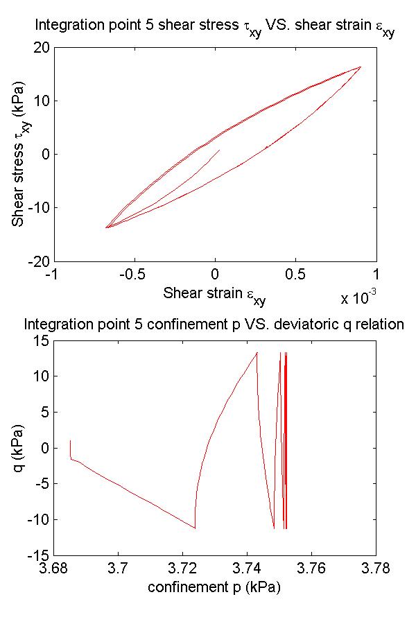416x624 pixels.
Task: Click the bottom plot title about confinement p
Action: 214,324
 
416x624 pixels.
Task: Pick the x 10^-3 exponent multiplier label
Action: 358,297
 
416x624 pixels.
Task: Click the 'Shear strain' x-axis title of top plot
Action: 214,293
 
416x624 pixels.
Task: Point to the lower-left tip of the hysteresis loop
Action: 107,227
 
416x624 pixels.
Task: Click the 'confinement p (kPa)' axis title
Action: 214,588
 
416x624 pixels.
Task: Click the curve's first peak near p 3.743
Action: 257,352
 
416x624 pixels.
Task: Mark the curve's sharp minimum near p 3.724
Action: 195,528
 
